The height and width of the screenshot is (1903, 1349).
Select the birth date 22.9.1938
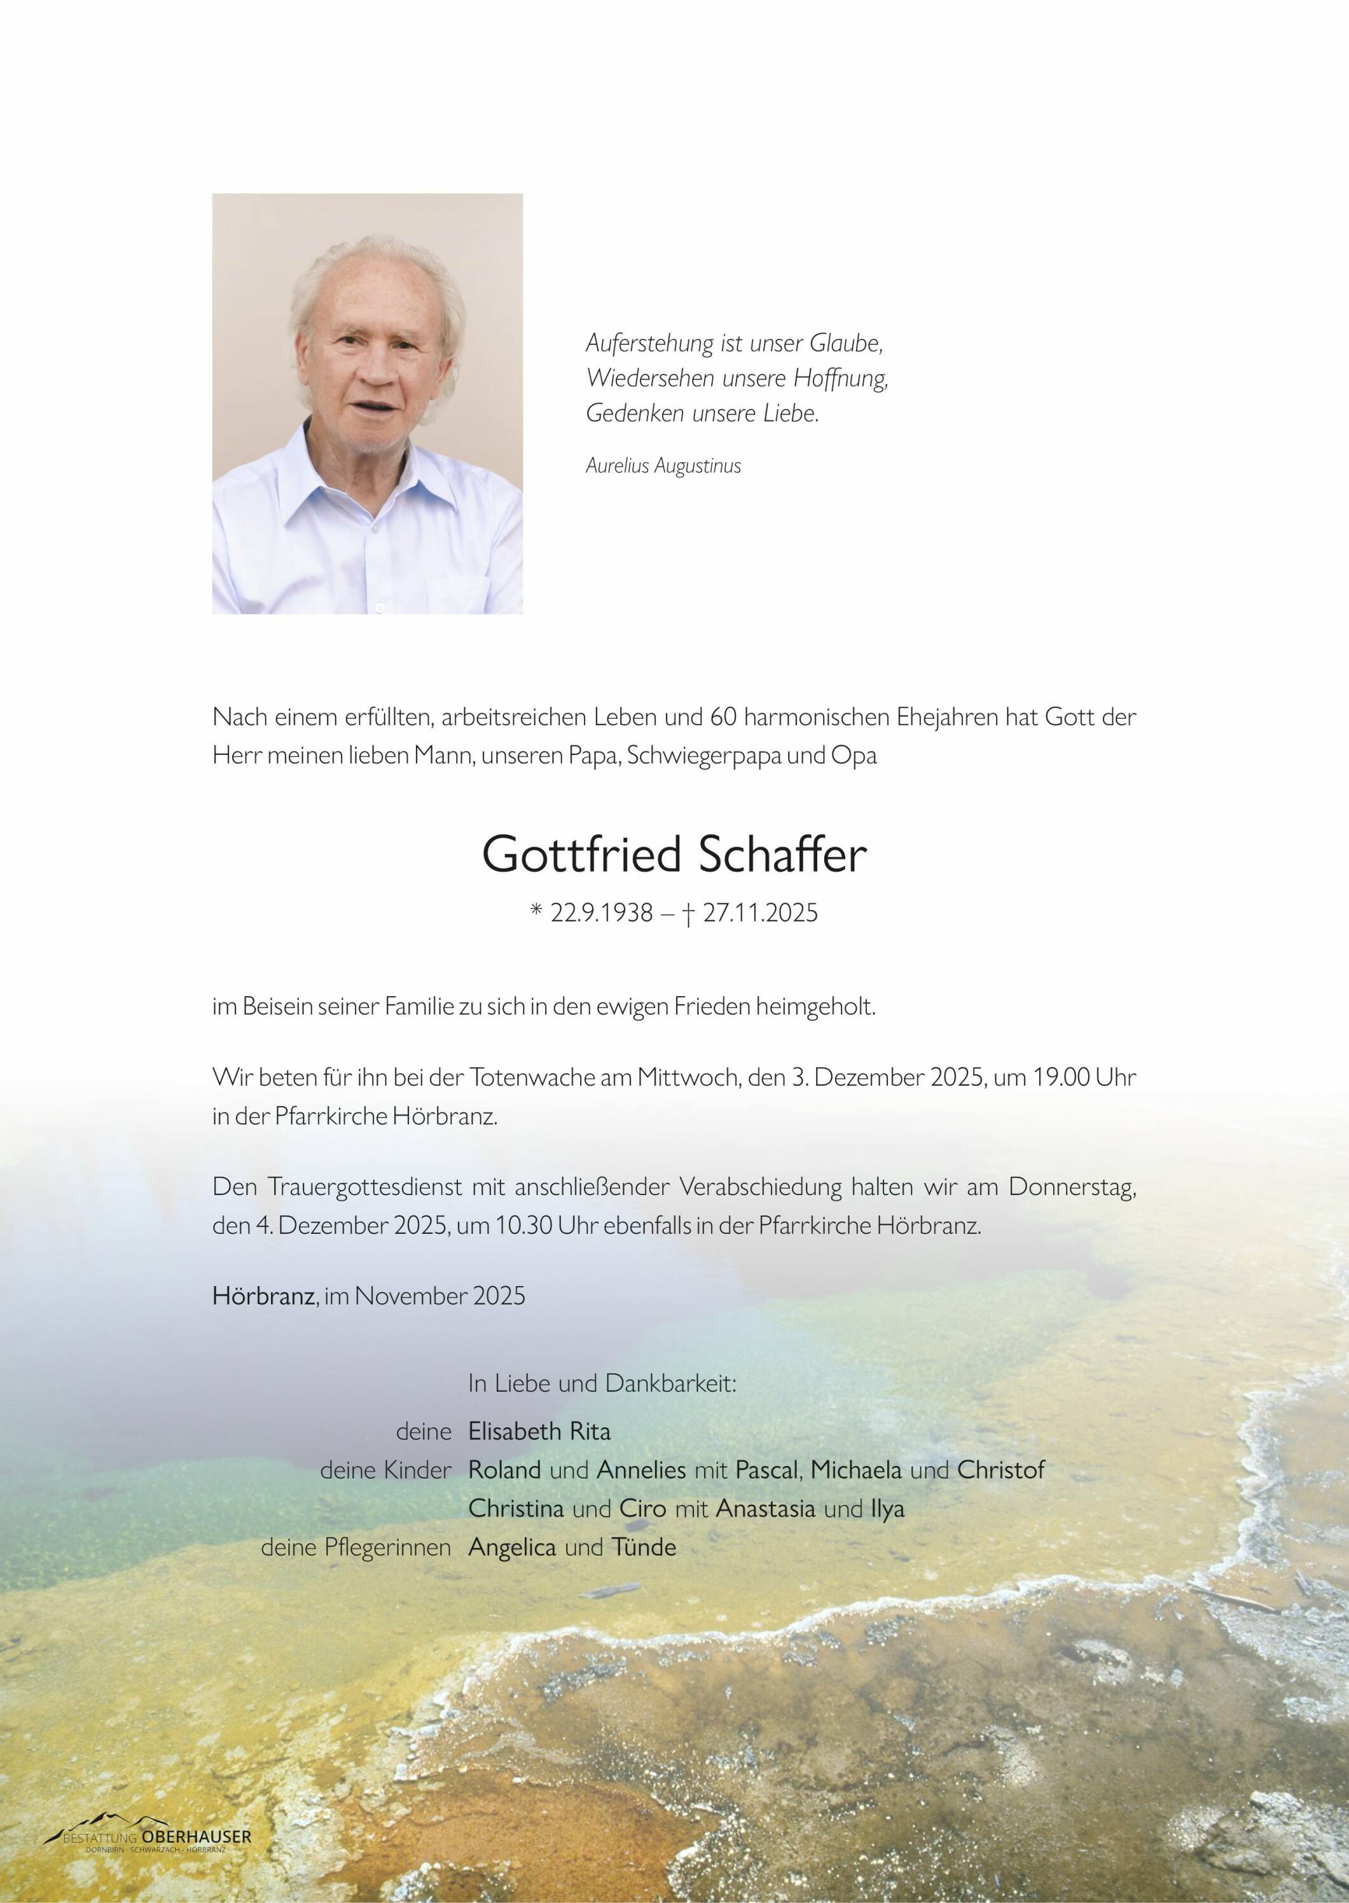click(x=602, y=913)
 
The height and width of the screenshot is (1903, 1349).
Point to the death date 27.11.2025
click(x=759, y=913)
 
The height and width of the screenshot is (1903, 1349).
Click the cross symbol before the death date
click(x=688, y=914)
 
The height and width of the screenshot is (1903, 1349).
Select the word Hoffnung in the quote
click(x=841, y=379)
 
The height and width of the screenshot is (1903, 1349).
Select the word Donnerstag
click(x=1072, y=1188)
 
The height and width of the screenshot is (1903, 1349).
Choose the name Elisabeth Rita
click(x=539, y=1430)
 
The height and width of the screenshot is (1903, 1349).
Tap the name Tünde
click(x=643, y=1547)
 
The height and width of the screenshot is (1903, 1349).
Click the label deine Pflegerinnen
click(x=356, y=1547)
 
